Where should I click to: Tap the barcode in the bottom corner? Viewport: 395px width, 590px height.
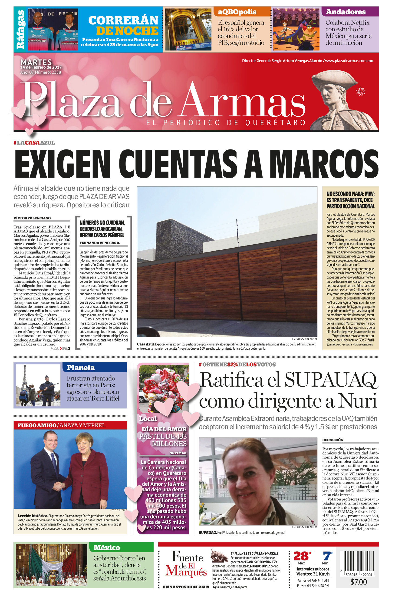pos(359,563)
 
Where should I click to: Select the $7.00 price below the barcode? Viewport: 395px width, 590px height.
pos(359,582)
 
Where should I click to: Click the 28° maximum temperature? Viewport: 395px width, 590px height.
pos(302,556)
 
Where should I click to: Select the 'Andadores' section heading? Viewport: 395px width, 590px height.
pos(346,12)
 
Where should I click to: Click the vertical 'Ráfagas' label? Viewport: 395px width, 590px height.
pos(20,30)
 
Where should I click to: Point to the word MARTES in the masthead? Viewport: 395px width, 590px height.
pos(36,62)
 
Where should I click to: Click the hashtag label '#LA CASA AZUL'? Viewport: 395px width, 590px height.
pos(34,143)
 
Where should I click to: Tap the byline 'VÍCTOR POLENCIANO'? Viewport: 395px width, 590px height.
pos(32,218)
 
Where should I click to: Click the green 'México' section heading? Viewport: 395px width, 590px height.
pos(107,547)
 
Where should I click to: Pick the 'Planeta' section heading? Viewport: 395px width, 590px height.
pos(81,368)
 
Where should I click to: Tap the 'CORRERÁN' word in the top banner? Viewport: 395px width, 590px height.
pos(123,20)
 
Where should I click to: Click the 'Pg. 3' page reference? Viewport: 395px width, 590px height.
pos(66,348)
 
